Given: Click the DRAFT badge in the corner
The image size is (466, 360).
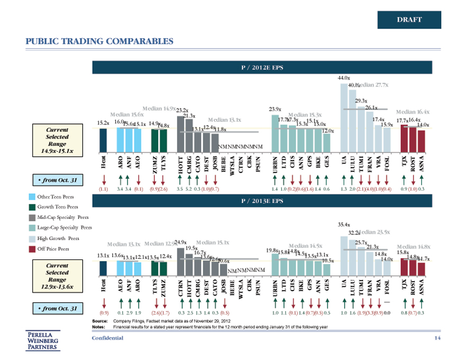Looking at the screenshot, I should click(x=409, y=20).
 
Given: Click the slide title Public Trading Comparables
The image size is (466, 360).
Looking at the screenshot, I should click(x=100, y=41).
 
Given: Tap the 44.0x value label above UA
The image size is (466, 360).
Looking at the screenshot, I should click(x=344, y=78).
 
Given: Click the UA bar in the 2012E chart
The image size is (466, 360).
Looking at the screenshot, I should click(x=344, y=116).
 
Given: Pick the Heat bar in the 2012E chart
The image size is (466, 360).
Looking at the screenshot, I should click(x=103, y=139).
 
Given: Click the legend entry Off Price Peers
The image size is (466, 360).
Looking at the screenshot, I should click(x=53, y=248).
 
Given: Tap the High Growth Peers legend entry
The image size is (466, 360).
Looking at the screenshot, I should click(x=56, y=238).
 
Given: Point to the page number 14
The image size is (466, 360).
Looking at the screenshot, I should click(x=437, y=338).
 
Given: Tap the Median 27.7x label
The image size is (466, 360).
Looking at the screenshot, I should click(x=373, y=85).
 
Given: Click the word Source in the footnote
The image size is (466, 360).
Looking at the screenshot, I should click(x=100, y=321).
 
